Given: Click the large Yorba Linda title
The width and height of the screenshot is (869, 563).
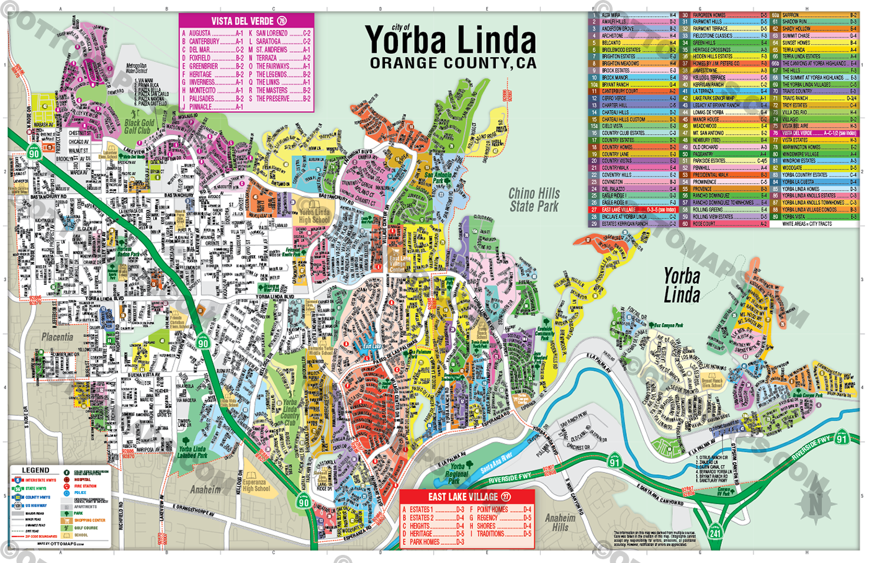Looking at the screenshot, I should click(x=451, y=41).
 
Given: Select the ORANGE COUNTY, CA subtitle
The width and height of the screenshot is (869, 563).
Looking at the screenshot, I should click(x=453, y=63).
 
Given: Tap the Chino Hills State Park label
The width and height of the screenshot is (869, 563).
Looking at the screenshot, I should click(x=534, y=200).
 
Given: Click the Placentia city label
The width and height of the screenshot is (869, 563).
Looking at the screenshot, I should click(x=57, y=337).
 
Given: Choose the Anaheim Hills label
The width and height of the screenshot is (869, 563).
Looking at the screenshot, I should click(x=560, y=522).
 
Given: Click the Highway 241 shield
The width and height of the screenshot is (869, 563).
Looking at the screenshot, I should click(x=716, y=533).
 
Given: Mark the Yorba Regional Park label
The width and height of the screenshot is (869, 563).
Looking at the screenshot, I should click(x=457, y=473).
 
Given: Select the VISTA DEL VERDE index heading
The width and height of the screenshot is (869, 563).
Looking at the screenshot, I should click(x=246, y=20).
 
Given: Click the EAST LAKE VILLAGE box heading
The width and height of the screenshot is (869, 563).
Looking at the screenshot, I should click(x=467, y=497).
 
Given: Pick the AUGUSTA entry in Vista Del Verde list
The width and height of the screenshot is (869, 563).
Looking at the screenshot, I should click(x=200, y=34).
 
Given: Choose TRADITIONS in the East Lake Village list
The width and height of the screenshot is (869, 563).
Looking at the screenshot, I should click(x=491, y=534).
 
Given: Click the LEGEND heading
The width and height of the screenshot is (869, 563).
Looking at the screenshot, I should click(x=35, y=470).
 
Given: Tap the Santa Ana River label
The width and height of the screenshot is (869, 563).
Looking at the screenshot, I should click(x=496, y=462).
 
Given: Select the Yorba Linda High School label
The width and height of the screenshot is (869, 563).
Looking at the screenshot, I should click(x=314, y=215).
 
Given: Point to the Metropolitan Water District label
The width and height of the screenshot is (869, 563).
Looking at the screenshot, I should click(x=136, y=68).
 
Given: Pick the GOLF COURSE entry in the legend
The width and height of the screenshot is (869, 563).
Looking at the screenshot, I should click(x=86, y=528).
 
